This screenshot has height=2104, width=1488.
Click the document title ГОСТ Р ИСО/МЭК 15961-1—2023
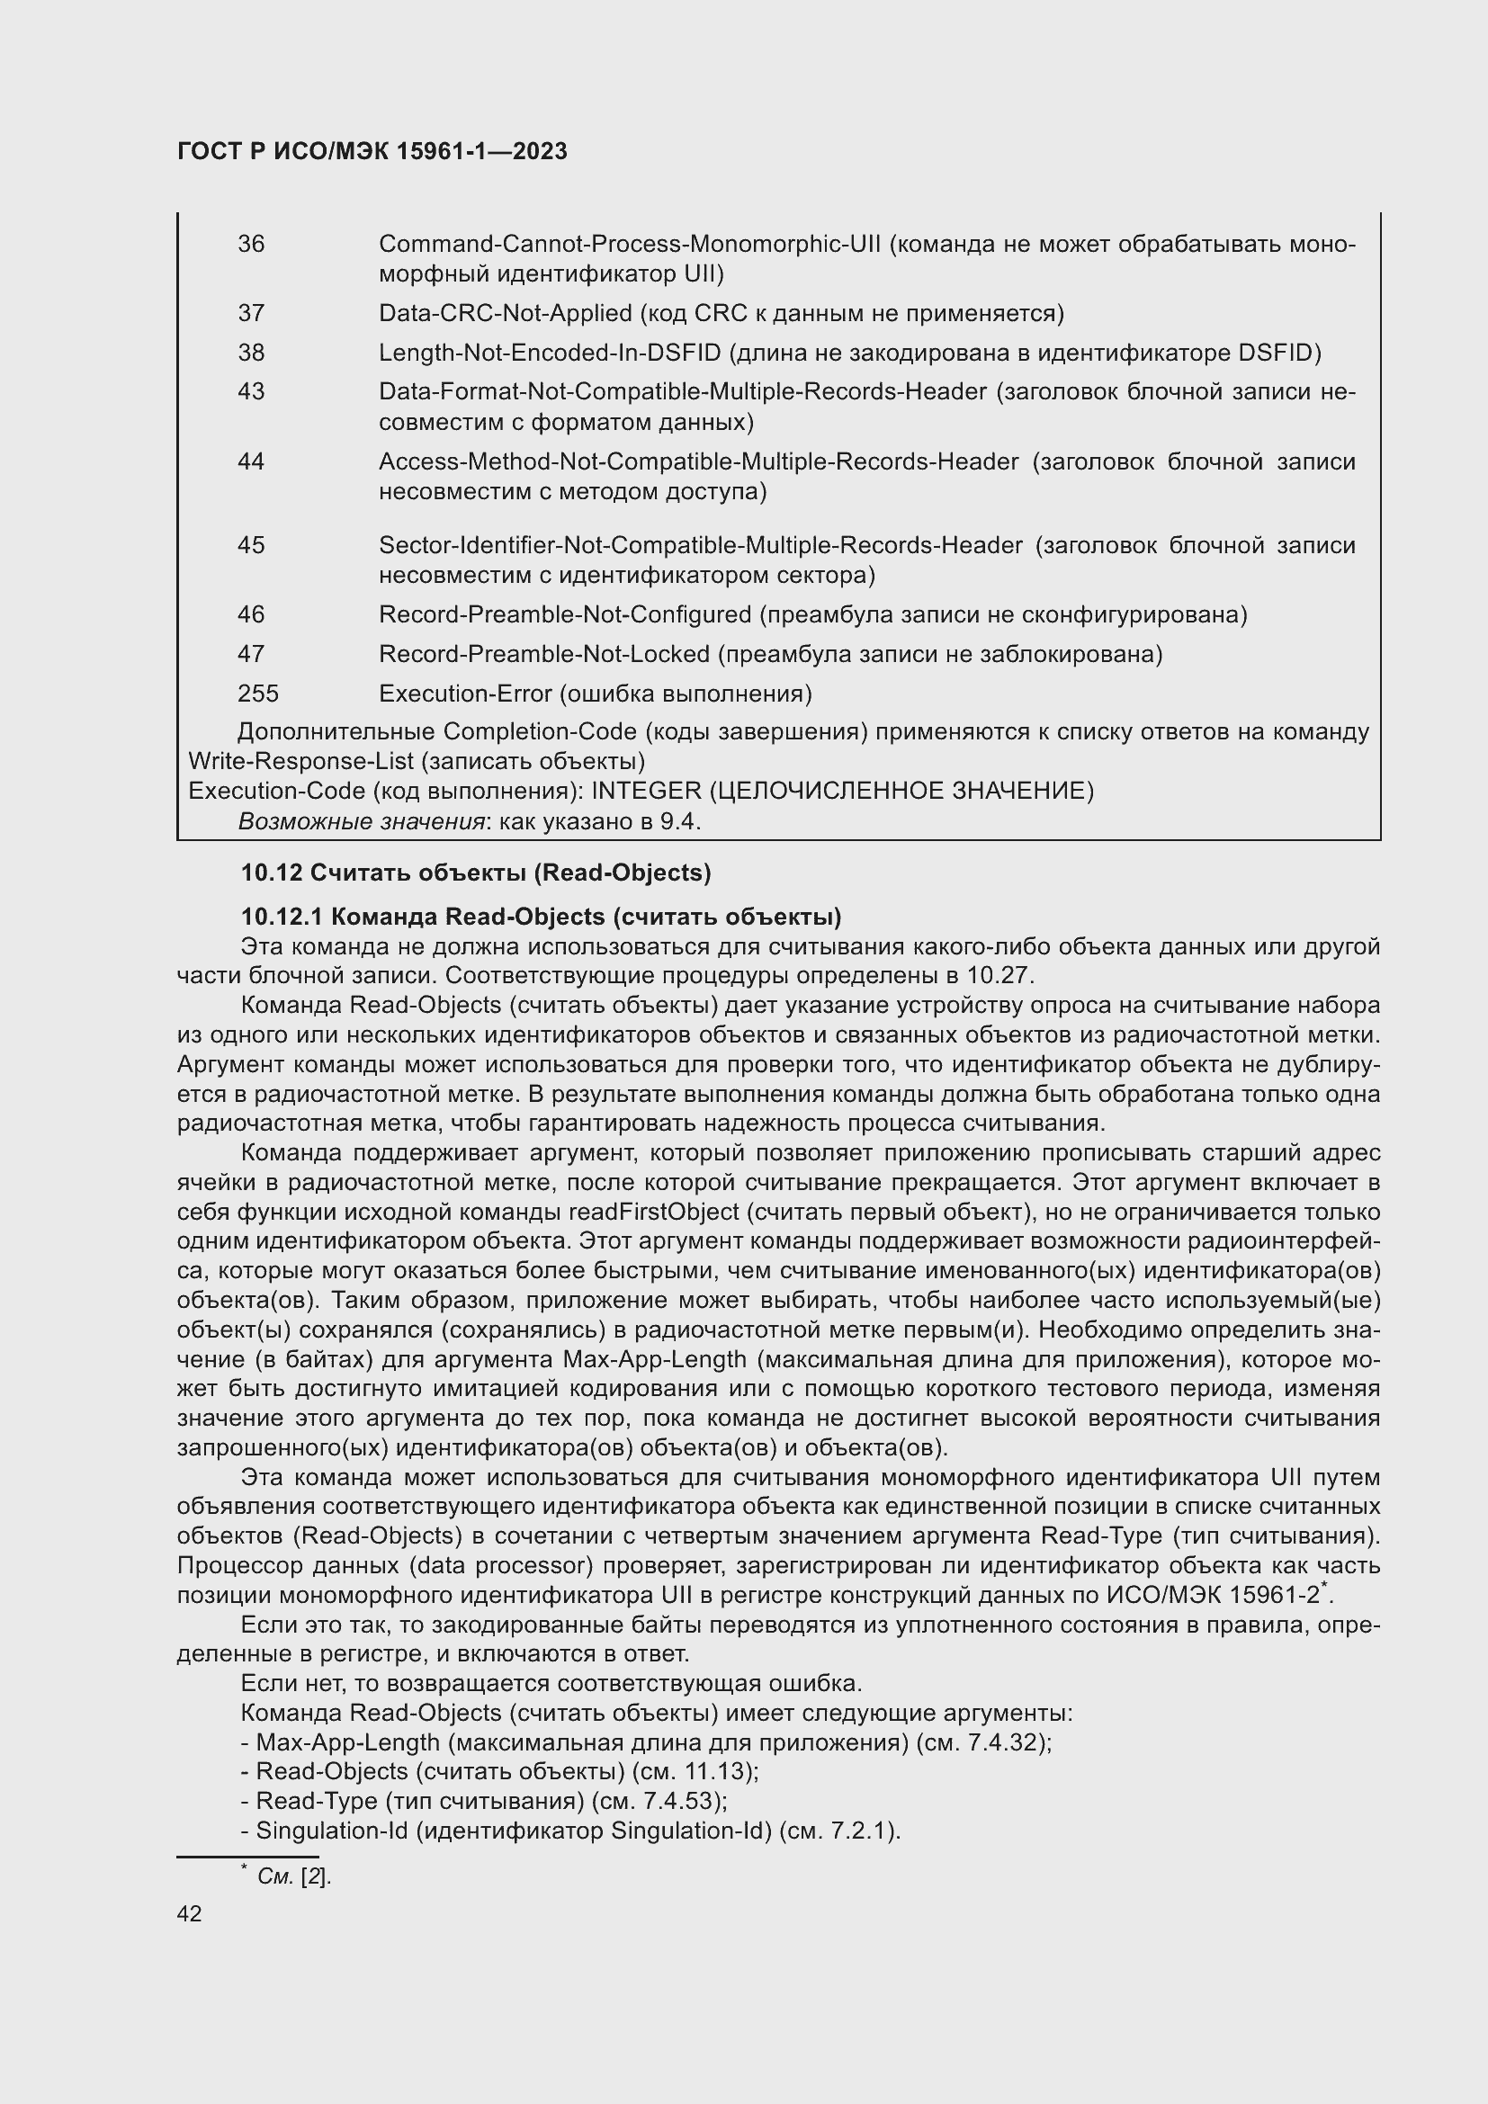372,151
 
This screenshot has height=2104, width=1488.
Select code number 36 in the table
251,244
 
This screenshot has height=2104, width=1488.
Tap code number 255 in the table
257,693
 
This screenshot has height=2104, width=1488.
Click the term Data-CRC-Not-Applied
505,313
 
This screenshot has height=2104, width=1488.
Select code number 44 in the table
251,461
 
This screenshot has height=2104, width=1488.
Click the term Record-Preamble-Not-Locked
544,654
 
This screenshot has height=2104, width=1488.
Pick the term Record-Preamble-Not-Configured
564,614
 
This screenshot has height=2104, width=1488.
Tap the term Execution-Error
464,694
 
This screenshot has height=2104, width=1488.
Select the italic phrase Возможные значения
361,821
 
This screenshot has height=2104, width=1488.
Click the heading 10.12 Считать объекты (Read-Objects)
476,873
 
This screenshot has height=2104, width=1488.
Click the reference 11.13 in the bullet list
722,1771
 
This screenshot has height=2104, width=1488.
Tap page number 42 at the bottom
190,1913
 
